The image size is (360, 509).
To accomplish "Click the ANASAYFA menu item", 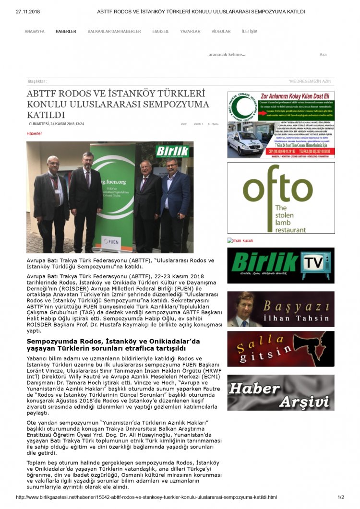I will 34,31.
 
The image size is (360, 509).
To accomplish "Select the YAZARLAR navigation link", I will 190,31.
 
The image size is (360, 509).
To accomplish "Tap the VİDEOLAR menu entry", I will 221,31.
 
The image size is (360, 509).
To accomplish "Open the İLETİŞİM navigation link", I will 250,31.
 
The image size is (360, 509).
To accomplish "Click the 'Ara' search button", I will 323,55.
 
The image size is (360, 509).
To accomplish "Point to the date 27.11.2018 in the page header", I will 28,12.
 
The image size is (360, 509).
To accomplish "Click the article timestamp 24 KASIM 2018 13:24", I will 57,124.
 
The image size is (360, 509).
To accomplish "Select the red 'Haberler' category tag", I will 34,133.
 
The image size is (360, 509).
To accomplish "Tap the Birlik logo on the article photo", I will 172,152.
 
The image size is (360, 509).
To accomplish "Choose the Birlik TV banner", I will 281,265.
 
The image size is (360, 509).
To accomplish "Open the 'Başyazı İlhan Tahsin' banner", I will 281,309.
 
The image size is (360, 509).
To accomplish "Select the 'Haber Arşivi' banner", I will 281,392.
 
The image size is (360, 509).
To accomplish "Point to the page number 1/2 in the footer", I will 341,497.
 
